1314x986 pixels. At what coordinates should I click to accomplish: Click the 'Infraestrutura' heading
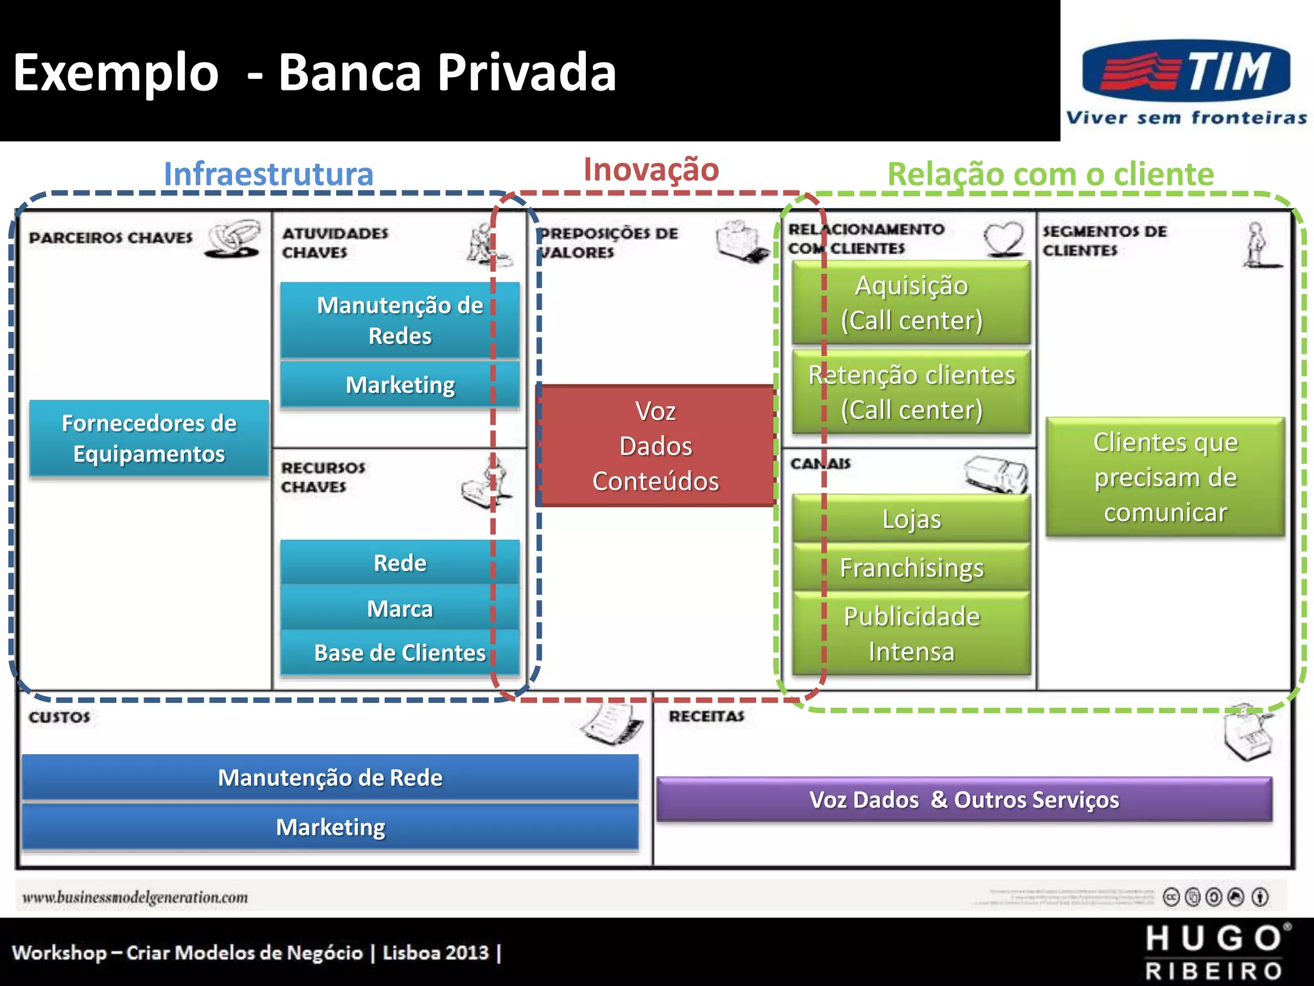(x=268, y=174)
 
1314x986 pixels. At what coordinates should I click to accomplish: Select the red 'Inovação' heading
(x=651, y=169)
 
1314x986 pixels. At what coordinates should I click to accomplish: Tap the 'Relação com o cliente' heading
(x=1050, y=174)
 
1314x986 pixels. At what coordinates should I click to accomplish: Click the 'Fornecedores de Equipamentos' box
(x=149, y=438)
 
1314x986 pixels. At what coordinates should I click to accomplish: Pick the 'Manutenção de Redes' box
(x=399, y=320)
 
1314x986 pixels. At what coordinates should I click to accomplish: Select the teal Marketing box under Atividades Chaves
(x=399, y=385)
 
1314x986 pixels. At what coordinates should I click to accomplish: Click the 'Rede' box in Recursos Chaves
(x=399, y=562)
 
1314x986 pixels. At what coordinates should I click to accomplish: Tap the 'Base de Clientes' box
(x=399, y=652)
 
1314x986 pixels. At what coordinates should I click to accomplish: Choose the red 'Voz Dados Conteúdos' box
(x=655, y=445)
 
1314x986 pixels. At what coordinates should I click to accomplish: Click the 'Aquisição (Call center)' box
(x=911, y=302)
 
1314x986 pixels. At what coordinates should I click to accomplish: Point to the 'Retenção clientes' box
(x=911, y=392)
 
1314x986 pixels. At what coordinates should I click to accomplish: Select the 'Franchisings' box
(x=911, y=567)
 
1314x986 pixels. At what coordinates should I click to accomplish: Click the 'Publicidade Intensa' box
(x=911, y=633)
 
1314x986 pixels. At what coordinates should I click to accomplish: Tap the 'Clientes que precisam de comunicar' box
(x=1165, y=477)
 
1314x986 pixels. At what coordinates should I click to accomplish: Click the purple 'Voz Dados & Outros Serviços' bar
(x=964, y=799)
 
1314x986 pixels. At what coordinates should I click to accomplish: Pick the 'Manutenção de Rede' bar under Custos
(x=330, y=777)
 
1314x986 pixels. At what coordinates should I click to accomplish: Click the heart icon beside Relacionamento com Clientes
(x=1003, y=239)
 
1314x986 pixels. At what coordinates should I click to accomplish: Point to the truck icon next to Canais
(x=996, y=474)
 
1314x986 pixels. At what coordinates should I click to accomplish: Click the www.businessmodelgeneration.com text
(x=135, y=897)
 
